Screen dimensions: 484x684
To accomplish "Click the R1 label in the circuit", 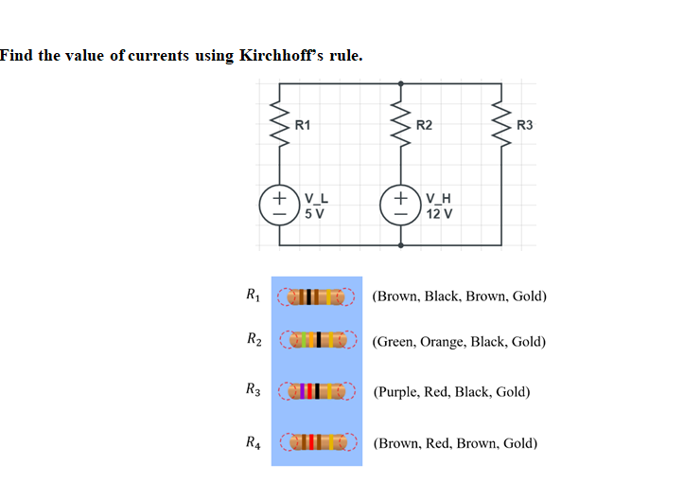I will (x=303, y=124).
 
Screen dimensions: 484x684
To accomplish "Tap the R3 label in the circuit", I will (x=525, y=124).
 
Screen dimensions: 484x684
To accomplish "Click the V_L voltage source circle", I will (x=280, y=206).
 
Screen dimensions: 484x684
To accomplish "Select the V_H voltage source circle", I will (x=401, y=206).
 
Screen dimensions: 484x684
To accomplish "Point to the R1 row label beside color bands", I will (x=251, y=294).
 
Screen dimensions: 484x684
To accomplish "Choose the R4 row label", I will (x=251, y=440).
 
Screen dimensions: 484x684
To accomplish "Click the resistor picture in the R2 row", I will (x=316, y=339).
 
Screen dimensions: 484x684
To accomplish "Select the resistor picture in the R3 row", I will (x=316, y=390).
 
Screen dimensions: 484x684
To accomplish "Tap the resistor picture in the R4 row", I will (x=316, y=441).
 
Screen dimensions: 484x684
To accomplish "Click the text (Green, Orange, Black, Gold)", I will (x=459, y=341).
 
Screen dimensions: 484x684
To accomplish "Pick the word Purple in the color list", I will (x=400, y=391).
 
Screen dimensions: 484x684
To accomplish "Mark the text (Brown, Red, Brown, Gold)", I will (x=456, y=442).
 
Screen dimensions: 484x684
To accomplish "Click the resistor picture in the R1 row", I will (x=316, y=295).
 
